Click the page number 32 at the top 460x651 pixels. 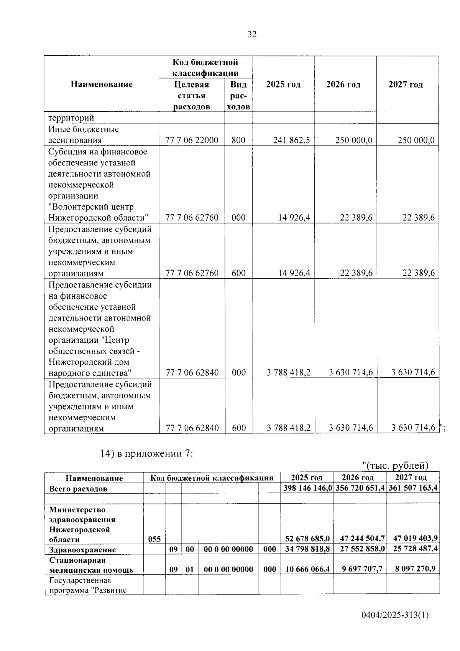[252, 35]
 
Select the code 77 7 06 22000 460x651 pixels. [192, 140]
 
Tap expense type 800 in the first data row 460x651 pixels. [238, 140]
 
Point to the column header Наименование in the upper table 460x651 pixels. [102, 84]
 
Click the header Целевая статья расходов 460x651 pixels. [192, 95]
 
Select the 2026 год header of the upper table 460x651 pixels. [343, 84]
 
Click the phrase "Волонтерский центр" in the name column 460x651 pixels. [91, 207]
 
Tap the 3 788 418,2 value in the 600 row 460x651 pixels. [289, 428]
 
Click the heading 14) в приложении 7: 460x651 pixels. [147, 453]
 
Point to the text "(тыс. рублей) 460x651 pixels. [395, 465]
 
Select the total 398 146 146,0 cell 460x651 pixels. [307, 488]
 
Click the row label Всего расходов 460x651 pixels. [78, 489]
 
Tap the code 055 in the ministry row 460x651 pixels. [154, 539]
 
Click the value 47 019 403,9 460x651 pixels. [413, 539]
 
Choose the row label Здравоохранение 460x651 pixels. [82, 550]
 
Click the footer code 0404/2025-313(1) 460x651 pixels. [394, 616]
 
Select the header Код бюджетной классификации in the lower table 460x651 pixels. [212, 478]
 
